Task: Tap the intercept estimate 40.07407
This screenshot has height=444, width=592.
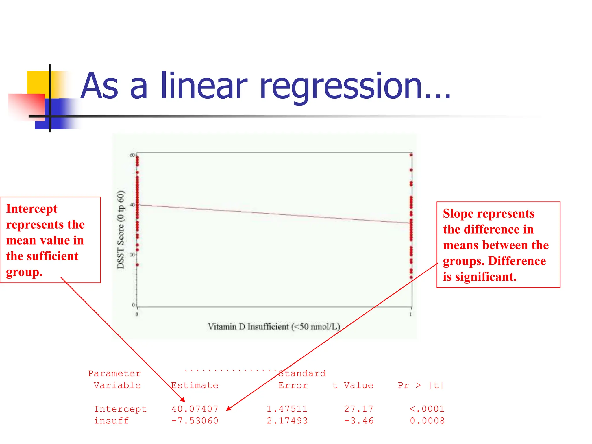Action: coord(195,409)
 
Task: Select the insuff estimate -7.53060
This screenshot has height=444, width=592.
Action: coord(195,421)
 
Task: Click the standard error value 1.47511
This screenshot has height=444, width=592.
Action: coord(287,409)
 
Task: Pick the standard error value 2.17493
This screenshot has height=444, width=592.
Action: coord(287,421)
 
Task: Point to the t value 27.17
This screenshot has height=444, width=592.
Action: coord(358,409)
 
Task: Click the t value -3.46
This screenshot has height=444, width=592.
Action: coord(358,421)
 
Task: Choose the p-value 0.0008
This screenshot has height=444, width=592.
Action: coord(427,421)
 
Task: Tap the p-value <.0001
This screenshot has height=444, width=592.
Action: coord(427,409)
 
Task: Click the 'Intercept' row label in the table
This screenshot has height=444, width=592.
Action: coord(120,409)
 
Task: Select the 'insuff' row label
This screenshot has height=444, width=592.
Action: coord(111,421)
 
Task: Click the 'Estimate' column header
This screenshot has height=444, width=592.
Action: coord(195,385)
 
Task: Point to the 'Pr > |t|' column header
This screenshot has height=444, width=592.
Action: coord(421,385)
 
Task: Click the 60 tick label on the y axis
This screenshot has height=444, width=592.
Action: coord(132,155)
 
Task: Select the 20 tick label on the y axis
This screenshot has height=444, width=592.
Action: coord(132,255)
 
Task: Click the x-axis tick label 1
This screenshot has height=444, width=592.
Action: coord(411,314)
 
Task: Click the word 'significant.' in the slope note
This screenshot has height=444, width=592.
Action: coord(486,277)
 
